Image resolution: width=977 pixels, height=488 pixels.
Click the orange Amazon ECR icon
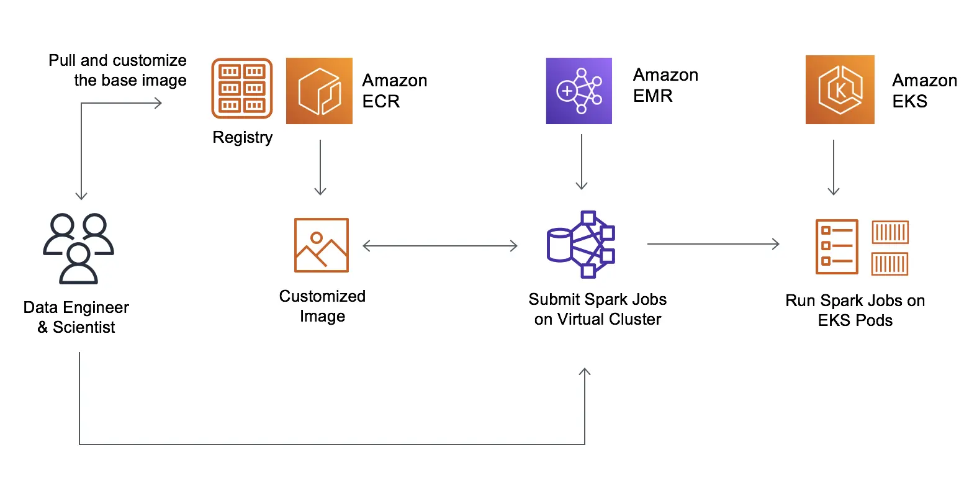pyautogui.click(x=319, y=91)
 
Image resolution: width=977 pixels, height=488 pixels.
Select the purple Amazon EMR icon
pyautogui.click(x=579, y=91)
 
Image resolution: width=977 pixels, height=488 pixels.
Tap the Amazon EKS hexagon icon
pyautogui.click(x=840, y=90)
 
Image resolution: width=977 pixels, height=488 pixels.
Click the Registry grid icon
pyautogui.click(x=242, y=88)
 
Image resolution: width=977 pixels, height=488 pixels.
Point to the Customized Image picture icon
pyautogui.click(x=322, y=245)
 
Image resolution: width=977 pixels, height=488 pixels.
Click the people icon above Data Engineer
pyautogui.click(x=79, y=248)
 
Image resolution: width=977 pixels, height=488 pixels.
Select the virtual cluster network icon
pyautogui.click(x=581, y=244)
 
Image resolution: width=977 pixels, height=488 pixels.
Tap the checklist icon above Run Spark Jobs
pyautogui.click(x=837, y=246)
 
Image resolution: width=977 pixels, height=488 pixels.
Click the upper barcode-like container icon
pyautogui.click(x=890, y=232)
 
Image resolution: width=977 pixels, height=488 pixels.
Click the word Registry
pyautogui.click(x=242, y=137)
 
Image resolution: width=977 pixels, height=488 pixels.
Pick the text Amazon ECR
pyautogui.click(x=394, y=91)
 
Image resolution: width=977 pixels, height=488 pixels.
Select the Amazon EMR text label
pyautogui.click(x=665, y=85)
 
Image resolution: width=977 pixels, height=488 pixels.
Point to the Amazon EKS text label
pyautogui.click(x=924, y=91)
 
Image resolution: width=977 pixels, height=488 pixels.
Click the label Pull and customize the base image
pyautogui.click(x=118, y=70)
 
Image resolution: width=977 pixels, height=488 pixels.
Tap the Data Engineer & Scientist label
pyautogui.click(x=76, y=317)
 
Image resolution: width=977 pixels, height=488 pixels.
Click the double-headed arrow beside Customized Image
pyautogui.click(x=439, y=246)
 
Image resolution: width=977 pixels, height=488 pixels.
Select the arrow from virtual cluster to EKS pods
pyautogui.click(x=713, y=244)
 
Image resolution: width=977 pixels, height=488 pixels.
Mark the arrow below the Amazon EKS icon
pyautogui.click(x=834, y=166)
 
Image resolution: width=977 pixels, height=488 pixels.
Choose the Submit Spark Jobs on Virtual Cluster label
pyautogui.click(x=597, y=309)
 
